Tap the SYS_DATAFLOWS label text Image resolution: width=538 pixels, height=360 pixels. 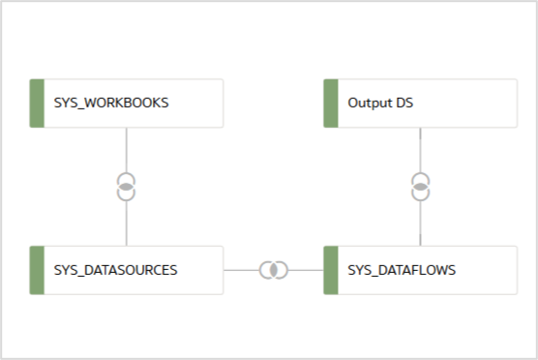coord(402,270)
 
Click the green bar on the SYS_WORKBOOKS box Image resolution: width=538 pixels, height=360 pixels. coord(38,104)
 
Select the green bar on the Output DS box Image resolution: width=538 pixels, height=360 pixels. coord(330,104)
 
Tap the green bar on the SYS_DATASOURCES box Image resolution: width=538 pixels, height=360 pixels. coord(38,270)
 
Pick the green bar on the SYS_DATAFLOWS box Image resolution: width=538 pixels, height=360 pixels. coord(330,270)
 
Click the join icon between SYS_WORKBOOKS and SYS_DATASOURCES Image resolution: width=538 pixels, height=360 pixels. coord(127,187)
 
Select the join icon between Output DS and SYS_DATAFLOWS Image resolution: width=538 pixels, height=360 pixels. coord(420,187)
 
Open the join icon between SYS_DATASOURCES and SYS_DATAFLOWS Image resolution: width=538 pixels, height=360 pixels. coord(274,270)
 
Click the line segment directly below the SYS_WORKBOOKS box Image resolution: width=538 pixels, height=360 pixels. coord(127,149)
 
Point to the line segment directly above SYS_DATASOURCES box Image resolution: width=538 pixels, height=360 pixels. coord(127,225)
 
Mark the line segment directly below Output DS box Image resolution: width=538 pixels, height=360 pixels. coord(420,149)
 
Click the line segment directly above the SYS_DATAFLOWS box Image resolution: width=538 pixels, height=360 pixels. coord(420,225)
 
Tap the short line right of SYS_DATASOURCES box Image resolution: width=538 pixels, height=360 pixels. coord(241,270)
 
